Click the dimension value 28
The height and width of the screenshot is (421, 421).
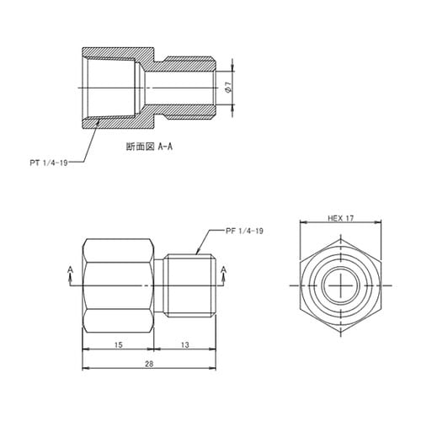(148, 364)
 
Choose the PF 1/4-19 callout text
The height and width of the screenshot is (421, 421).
(244, 229)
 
